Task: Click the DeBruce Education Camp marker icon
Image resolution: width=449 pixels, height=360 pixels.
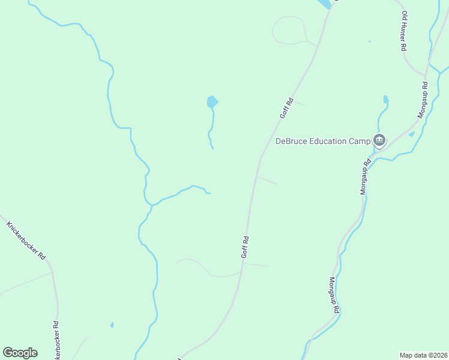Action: pyautogui.click(x=379, y=140)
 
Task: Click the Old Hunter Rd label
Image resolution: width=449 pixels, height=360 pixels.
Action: pyautogui.click(x=405, y=31)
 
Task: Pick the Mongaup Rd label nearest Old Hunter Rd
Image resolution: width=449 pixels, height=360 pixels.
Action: pyautogui.click(x=423, y=99)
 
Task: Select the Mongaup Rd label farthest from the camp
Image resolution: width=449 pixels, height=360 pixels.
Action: pyautogui.click(x=334, y=295)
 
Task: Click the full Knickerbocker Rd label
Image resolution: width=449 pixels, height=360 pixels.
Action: pyautogui.click(x=26, y=241)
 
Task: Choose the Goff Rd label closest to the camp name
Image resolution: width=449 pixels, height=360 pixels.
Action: pyautogui.click(x=286, y=109)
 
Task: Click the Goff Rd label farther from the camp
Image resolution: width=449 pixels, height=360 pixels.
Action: pyautogui.click(x=245, y=247)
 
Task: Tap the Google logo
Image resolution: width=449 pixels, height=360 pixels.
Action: pyautogui.click(x=20, y=353)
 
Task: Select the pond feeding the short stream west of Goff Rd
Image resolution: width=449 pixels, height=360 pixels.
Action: pyautogui.click(x=212, y=102)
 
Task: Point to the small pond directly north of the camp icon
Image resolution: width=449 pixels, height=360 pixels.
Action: pyautogui.click(x=385, y=99)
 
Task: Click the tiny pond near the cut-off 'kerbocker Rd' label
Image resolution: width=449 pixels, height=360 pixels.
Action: pyautogui.click(x=112, y=325)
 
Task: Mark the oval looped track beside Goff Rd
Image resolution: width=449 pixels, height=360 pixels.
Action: pyautogui.click(x=290, y=30)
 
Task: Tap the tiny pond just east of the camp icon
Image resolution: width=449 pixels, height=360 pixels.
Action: pyautogui.click(x=411, y=134)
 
